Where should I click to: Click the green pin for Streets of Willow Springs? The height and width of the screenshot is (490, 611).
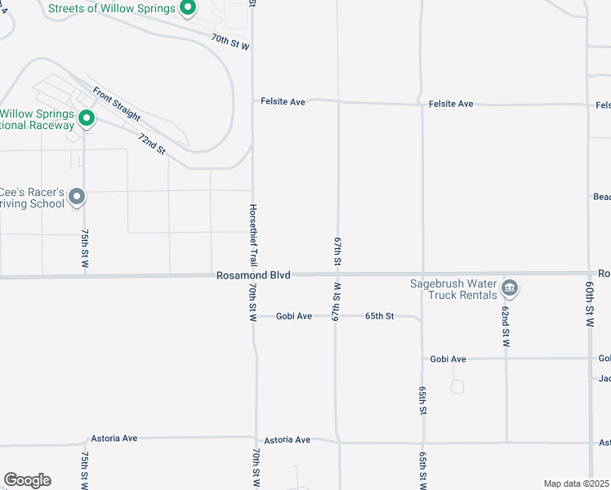click(x=188, y=9)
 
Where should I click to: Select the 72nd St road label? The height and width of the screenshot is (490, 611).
click(x=152, y=145)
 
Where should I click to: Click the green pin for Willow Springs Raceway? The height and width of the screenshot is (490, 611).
click(x=86, y=120)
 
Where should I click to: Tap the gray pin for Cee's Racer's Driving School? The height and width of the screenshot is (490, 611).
click(x=77, y=196)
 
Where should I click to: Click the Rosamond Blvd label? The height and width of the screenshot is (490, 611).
click(x=253, y=276)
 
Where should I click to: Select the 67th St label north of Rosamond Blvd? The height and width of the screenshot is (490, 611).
click(x=337, y=251)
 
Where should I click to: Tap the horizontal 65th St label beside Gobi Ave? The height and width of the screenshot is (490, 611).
click(x=379, y=316)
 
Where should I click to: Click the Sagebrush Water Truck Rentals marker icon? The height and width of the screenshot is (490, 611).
click(x=510, y=287)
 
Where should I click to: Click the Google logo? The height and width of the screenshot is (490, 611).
click(x=27, y=480)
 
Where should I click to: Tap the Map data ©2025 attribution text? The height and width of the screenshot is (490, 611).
click(x=577, y=483)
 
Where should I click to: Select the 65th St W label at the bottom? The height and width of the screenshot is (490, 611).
click(x=422, y=472)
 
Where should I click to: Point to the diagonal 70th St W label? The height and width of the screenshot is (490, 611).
click(x=230, y=42)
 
